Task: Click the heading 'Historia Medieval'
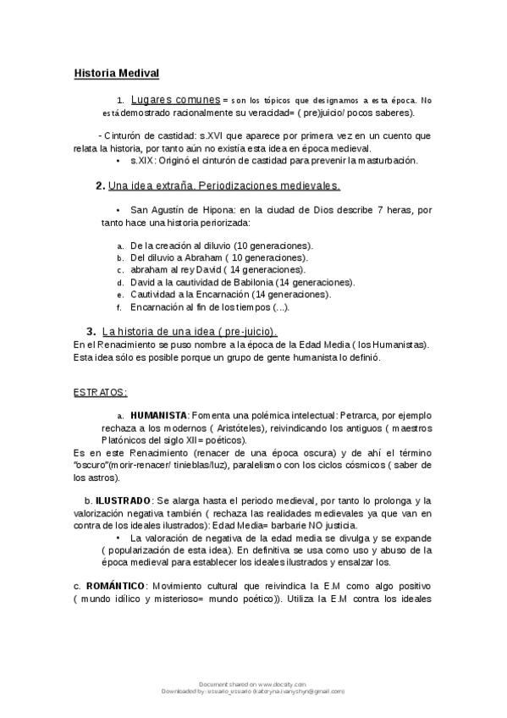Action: pyautogui.click(x=116, y=74)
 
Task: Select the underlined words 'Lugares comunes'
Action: pyautogui.click(x=176, y=100)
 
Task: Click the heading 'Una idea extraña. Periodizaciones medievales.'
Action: pyautogui.click(x=224, y=185)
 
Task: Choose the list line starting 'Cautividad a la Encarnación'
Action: pyautogui.click(x=218, y=294)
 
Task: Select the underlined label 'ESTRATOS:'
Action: pyautogui.click(x=101, y=393)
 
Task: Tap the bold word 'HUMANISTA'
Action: pyautogui.click(x=158, y=416)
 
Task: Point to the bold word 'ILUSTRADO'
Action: pyautogui.click(x=123, y=501)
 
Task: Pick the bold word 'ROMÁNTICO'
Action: pyautogui.click(x=114, y=587)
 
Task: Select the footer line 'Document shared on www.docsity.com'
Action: pyautogui.click(x=251, y=683)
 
